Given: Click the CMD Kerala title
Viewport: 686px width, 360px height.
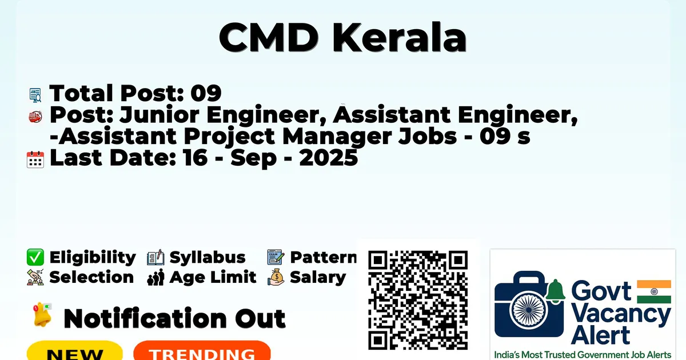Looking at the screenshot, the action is point(342,37).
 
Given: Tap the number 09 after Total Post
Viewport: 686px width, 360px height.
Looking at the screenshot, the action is point(206,93).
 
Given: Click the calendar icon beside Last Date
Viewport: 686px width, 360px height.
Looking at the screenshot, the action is point(35,159).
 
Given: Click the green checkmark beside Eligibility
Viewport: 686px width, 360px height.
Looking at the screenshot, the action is point(35,257).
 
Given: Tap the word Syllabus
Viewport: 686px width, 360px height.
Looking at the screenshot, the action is point(208,258).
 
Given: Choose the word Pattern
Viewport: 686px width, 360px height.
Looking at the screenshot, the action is point(323,257).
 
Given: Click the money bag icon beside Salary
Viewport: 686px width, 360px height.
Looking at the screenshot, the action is point(276,277).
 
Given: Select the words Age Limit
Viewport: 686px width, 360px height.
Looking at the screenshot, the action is point(213,278).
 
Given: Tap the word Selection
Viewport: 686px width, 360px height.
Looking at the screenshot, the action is point(91,277).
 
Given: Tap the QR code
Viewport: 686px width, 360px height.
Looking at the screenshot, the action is point(418,300).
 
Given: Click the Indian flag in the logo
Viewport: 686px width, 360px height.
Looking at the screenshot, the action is point(654,291).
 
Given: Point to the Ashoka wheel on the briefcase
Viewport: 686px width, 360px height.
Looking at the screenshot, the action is point(529,310).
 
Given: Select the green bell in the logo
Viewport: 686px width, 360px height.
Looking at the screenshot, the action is point(555,291).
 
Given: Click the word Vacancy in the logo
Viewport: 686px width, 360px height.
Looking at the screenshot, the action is point(621,315).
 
